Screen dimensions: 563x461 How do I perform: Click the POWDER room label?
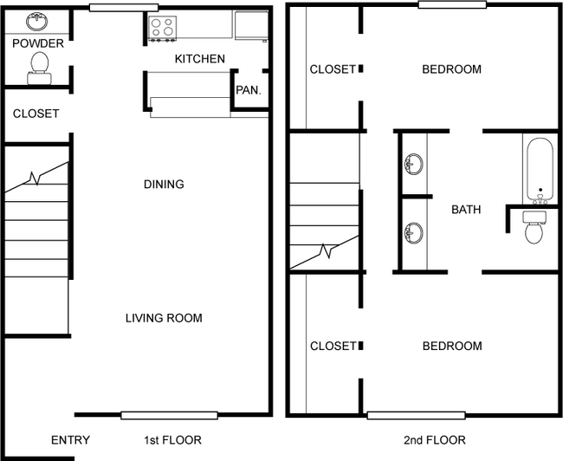pyautogui.click(x=38, y=43)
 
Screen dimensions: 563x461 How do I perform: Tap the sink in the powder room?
pyautogui.click(x=36, y=22)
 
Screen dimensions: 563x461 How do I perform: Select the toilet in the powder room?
pyautogui.click(x=40, y=68)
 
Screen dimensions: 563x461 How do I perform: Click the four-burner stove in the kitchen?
pyautogui.click(x=162, y=28)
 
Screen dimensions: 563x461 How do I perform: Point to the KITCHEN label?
pyautogui.click(x=199, y=59)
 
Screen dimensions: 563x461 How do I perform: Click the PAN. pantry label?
pyautogui.click(x=249, y=90)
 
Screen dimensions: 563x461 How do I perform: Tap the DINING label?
pyautogui.click(x=164, y=185)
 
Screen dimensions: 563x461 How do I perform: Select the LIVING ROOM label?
pyautogui.click(x=164, y=318)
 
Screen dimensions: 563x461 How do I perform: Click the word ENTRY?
pyautogui.click(x=70, y=440)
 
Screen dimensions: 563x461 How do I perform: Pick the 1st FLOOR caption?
pyautogui.click(x=172, y=440)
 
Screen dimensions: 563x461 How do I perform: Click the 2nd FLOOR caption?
pyautogui.click(x=435, y=440)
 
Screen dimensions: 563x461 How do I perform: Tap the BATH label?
pyautogui.click(x=466, y=210)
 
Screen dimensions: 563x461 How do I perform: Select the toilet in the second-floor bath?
pyautogui.click(x=534, y=227)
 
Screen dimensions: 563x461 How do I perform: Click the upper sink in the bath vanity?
pyautogui.click(x=414, y=164)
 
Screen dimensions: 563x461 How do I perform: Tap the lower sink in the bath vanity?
pyautogui.click(x=414, y=232)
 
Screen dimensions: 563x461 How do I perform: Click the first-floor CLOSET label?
pyautogui.click(x=36, y=114)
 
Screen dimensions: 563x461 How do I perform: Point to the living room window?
pyautogui.click(x=170, y=415)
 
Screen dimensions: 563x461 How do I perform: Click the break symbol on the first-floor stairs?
pyautogui.click(x=35, y=179)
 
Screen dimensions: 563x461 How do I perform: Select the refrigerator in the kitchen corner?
pyautogui.click(x=251, y=25)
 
